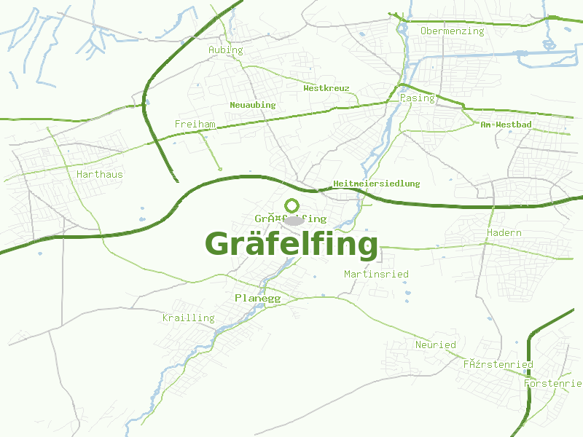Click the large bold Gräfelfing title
coord(291,244)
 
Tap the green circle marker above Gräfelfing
coord(292,205)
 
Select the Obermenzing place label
coord(452,31)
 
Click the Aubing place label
coord(226,50)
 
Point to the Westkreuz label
coord(326,88)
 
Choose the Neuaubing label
coord(253,105)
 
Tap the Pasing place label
coord(417,98)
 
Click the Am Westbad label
coord(506,125)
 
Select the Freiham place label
coord(195,125)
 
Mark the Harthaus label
coord(100,175)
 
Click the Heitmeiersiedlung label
coord(376,184)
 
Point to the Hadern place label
coord(504,233)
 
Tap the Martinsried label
coord(376,275)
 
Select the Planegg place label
coord(258,299)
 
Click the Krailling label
coord(189,318)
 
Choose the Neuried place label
coord(435,345)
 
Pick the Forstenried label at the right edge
coord(553,383)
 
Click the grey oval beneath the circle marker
coord(294,220)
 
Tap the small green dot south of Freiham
coord(220,169)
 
